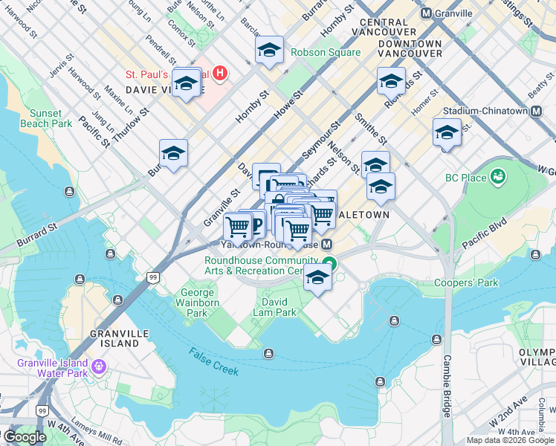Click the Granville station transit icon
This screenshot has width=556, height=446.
point(427,13)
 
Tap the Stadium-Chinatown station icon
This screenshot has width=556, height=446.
point(535,111)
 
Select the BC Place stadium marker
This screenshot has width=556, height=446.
point(497,178)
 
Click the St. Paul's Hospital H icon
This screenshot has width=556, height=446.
point(220,74)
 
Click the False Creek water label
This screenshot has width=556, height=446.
point(213,361)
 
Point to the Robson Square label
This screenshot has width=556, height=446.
point(326,53)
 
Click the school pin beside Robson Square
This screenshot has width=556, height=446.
point(269,51)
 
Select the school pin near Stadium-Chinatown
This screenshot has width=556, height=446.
point(447,133)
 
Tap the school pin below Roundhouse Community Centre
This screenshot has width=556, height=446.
point(317,278)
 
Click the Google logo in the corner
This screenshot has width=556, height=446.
point(24,437)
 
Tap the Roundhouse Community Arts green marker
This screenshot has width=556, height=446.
point(330,264)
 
